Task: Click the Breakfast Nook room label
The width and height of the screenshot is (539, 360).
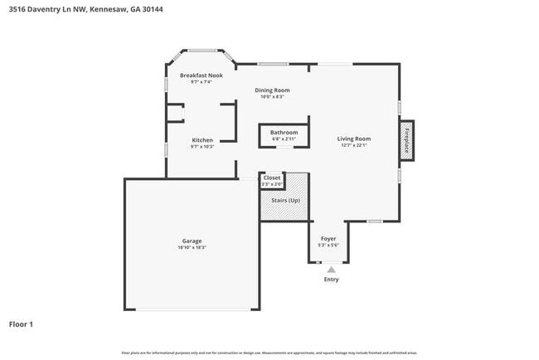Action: click(202, 75)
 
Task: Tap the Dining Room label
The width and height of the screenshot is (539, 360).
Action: click(272, 90)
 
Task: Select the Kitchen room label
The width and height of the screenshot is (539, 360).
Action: click(202, 140)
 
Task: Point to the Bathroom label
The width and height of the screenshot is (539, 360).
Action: click(284, 132)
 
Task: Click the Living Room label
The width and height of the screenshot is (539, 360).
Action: click(354, 139)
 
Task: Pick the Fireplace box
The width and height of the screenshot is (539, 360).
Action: click(407, 140)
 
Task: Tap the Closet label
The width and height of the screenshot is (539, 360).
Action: click(272, 178)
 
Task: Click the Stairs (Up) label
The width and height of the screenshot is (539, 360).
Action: click(284, 200)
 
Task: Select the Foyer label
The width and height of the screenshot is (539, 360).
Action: click(328, 238)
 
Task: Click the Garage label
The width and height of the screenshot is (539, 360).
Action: click(192, 241)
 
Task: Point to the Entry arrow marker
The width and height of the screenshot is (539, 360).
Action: click(331, 269)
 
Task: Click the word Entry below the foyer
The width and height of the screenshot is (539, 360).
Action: click(331, 280)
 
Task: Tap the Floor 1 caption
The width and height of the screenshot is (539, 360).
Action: click(21, 324)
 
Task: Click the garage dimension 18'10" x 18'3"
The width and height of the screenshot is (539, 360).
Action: click(192, 248)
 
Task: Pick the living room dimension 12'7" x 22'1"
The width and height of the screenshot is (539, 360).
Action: click(354, 145)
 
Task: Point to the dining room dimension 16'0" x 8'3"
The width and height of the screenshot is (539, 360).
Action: click(272, 97)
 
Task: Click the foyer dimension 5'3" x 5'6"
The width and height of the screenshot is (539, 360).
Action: click(328, 245)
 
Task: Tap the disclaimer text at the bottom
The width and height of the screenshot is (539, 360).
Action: click(269, 353)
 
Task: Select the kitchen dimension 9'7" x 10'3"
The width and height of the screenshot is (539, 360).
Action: click(202, 147)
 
